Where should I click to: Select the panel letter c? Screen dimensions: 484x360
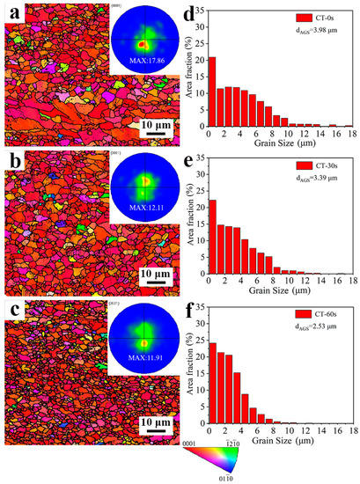coord(14,319)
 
